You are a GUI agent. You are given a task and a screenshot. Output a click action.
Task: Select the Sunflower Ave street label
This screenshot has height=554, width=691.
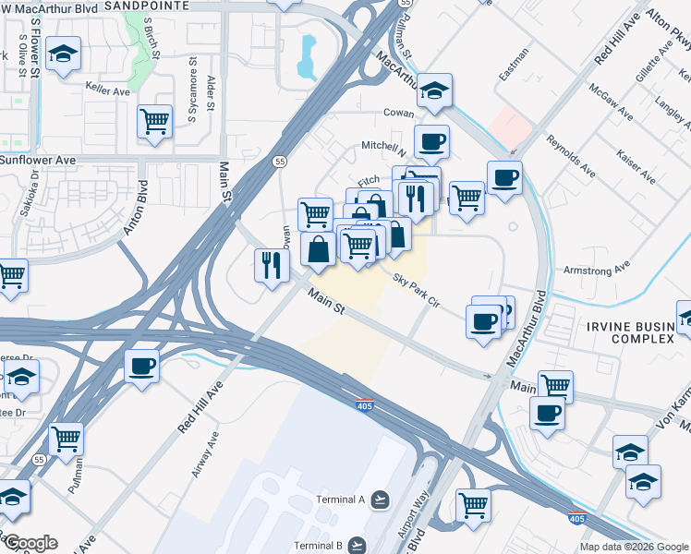tap(37, 160)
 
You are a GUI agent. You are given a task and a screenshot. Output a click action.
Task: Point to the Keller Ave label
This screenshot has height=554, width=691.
tap(108, 91)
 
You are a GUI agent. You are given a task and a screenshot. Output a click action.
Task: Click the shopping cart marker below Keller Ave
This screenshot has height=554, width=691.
tap(155, 121)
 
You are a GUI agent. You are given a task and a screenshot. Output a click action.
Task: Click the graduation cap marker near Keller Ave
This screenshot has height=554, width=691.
tap(64, 54)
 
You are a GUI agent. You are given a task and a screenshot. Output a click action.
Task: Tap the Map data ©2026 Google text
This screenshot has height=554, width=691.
tap(634, 547)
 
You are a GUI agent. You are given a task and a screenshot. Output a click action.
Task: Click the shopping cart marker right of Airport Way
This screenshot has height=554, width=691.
tap(473, 505)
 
